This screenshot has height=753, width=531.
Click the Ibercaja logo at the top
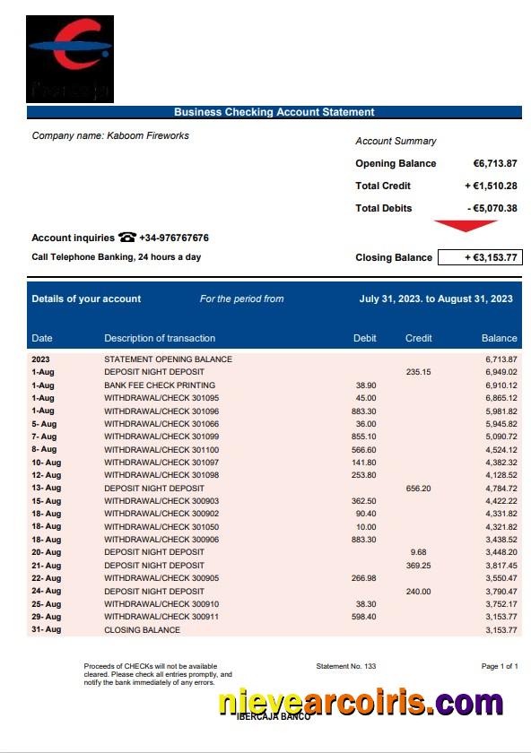69,57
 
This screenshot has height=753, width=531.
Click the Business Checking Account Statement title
274,112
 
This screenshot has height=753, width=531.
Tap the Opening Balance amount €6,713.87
495,164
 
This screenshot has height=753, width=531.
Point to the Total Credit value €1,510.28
491,186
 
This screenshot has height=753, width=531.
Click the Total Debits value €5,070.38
492,209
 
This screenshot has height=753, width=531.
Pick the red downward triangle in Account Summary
465,226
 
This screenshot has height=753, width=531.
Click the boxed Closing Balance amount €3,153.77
479,258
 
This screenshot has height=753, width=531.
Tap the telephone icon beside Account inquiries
127,238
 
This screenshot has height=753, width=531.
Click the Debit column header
365,339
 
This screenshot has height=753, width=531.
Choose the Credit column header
419,339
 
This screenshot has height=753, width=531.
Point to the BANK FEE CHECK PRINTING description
160,385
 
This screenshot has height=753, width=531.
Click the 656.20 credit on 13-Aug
419,489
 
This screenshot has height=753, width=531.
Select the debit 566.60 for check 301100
364,449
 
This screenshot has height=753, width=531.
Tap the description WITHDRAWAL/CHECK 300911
161,617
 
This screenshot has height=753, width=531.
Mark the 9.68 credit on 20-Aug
419,553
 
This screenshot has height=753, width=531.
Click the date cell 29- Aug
47,617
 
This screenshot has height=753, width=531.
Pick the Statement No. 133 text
346,667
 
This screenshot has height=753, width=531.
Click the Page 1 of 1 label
500,667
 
